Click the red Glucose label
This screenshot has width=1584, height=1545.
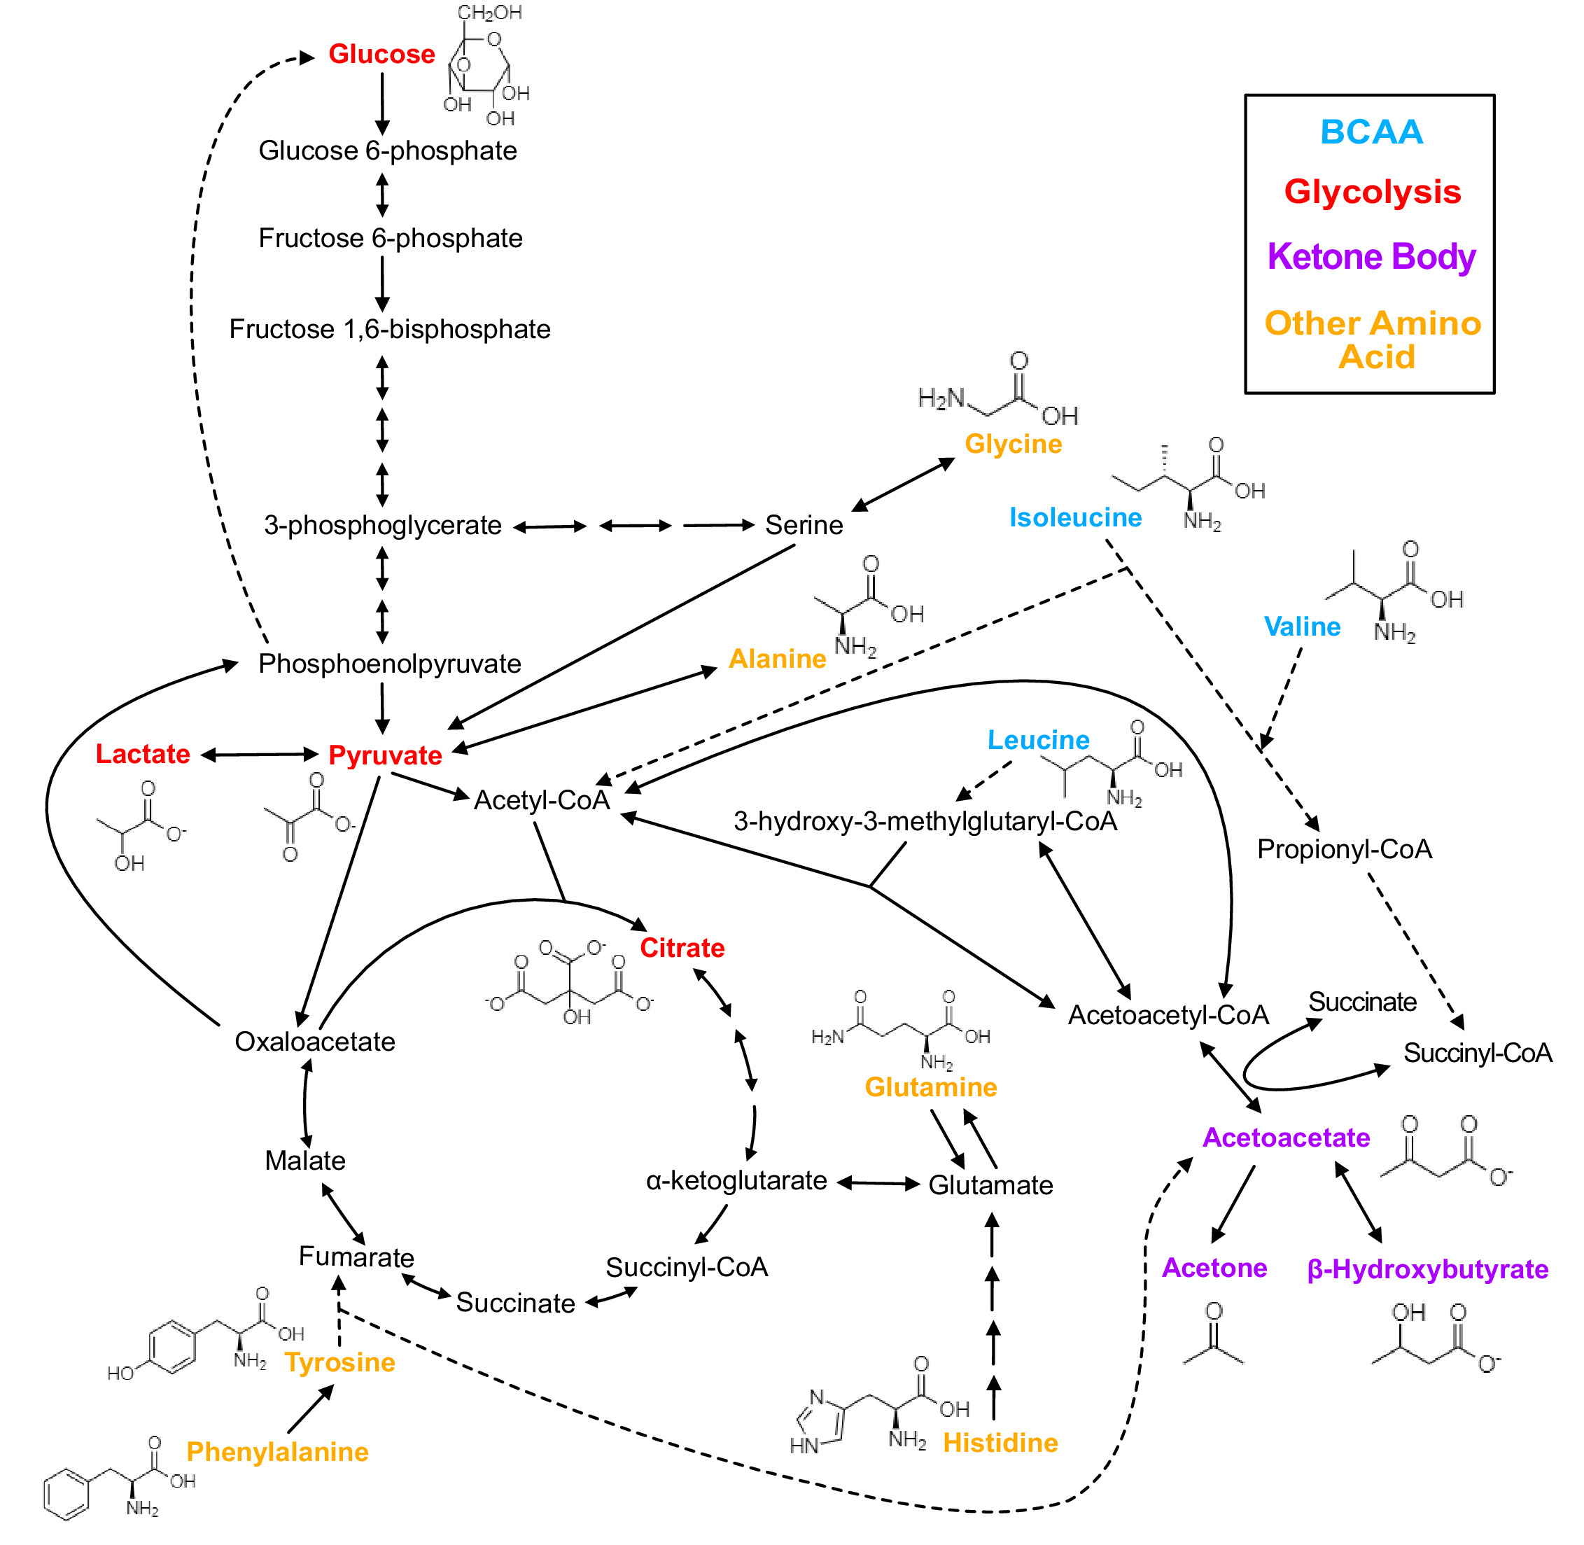click(x=381, y=55)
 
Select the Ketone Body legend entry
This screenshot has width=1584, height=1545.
click(x=1371, y=256)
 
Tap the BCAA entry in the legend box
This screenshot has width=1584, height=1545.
click(x=1371, y=132)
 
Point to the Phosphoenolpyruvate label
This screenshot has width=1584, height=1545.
click(x=388, y=664)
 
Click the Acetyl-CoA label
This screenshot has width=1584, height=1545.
click(x=541, y=800)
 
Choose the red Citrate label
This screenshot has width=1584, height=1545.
click(x=682, y=948)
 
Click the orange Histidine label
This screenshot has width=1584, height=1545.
click(x=1000, y=1443)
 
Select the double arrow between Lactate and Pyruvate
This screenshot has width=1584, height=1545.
click(x=259, y=755)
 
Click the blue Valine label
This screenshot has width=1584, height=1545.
click(x=1302, y=627)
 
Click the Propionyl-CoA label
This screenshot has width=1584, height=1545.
click(x=1344, y=850)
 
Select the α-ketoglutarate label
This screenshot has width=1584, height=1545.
click(x=736, y=1181)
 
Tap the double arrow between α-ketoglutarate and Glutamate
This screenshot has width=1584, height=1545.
click(x=877, y=1183)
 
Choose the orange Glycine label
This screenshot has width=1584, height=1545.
click(x=1013, y=444)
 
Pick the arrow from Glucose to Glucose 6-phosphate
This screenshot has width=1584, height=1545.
click(x=382, y=104)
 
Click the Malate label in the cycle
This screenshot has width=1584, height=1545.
click(x=304, y=1161)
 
